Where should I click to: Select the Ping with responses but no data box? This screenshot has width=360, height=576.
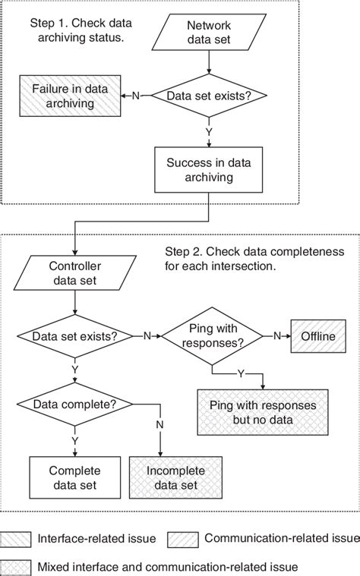point(263,412)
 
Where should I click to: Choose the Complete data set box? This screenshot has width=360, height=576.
point(74,477)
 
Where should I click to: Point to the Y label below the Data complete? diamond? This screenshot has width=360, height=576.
point(74,438)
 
